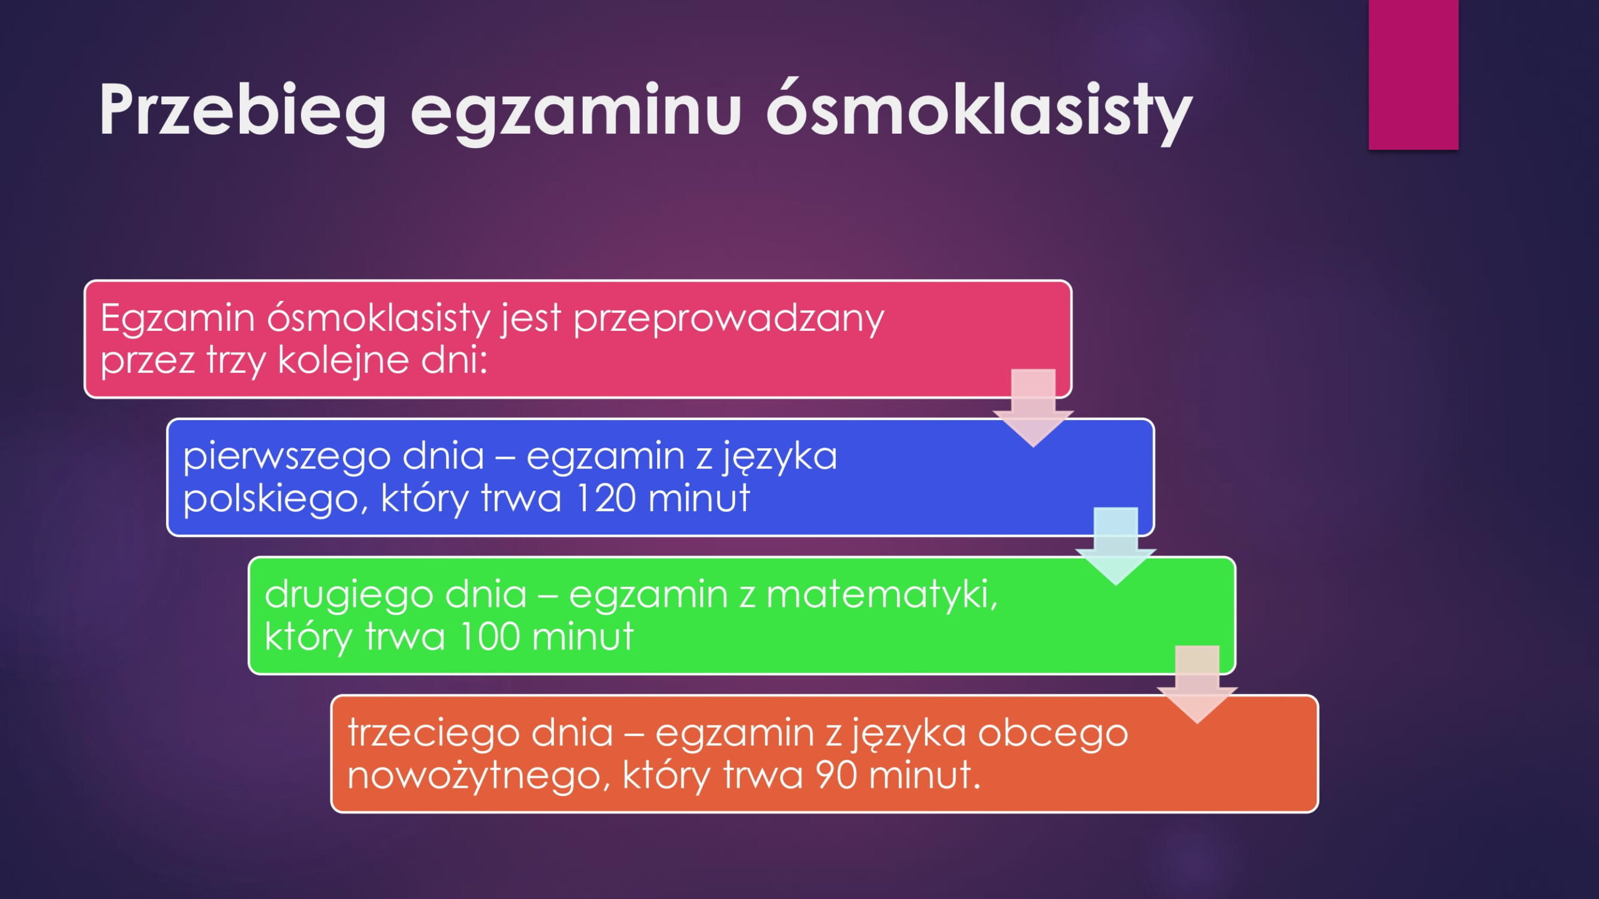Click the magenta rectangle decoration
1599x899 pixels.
point(1413,75)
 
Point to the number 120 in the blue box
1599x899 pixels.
point(605,498)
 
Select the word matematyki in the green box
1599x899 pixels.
point(881,594)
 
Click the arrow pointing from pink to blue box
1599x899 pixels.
point(1033,408)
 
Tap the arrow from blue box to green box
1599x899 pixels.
point(1116,546)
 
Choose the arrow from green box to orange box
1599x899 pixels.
point(1197,685)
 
